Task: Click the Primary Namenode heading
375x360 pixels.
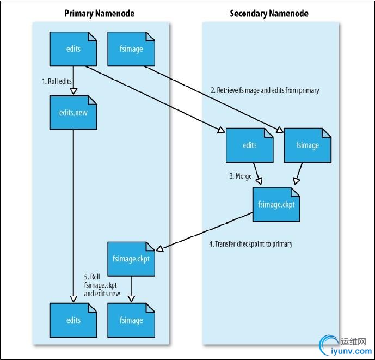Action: (99, 13)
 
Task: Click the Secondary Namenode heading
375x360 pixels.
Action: (269, 13)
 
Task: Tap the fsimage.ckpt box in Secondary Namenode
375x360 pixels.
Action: (276, 204)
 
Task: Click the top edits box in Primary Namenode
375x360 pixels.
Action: (73, 49)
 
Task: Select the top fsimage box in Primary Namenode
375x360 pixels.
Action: (131, 49)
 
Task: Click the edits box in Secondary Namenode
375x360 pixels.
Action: (249, 145)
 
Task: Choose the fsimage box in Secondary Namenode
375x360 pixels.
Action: (308, 145)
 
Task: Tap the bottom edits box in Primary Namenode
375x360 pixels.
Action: (73, 320)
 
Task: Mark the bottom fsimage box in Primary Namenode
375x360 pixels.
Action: (131, 320)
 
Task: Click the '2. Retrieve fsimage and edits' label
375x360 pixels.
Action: (265, 90)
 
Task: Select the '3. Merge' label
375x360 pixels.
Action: (239, 176)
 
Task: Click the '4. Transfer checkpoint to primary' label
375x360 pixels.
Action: (250, 244)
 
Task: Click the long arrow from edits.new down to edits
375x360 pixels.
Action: (73, 218)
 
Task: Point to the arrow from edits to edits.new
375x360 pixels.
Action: (73, 81)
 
